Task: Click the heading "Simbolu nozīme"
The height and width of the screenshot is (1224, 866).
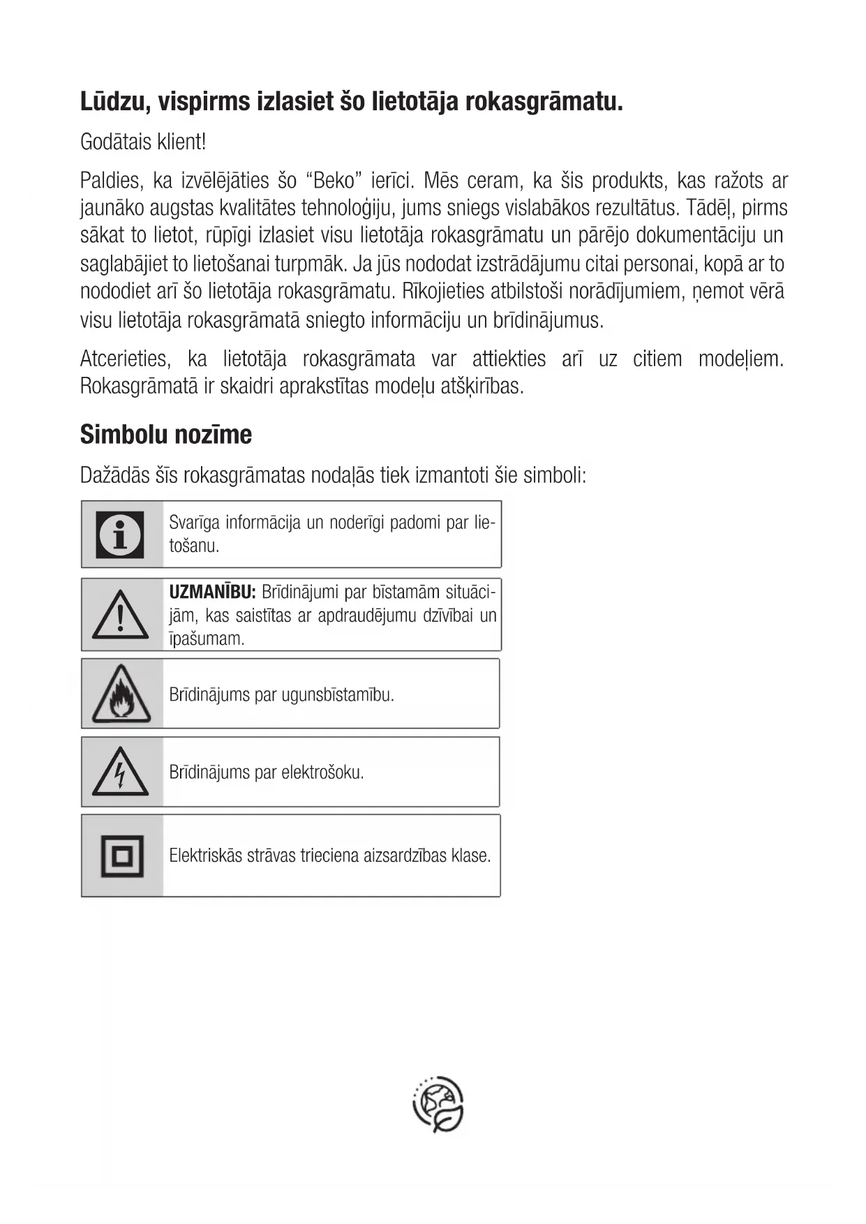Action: coord(166,435)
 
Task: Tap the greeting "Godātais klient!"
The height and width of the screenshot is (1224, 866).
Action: coord(143,142)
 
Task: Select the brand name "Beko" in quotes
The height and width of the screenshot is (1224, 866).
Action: coord(335,181)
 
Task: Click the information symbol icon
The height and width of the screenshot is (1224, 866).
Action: coord(120,535)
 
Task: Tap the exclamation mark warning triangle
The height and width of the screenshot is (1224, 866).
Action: coord(121,616)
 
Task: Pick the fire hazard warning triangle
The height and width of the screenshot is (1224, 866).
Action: coord(121,695)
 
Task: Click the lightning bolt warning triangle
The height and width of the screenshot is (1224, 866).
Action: coord(121,773)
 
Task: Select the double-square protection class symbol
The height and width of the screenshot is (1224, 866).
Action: coord(122,856)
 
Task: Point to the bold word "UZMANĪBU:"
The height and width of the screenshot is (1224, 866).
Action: coord(213,592)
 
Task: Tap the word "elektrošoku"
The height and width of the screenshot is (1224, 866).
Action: coord(322,773)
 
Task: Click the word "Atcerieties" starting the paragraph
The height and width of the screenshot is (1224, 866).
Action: coord(125,359)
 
